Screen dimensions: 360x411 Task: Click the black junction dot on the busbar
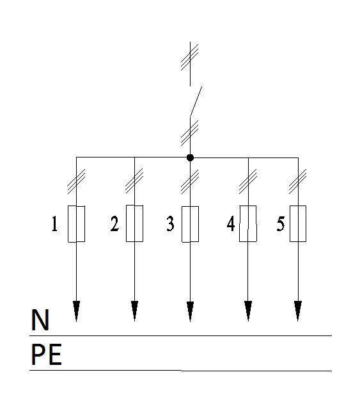tap(190, 157)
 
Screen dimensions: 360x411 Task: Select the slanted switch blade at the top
tap(196, 101)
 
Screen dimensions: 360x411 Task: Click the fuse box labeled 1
tap(77, 224)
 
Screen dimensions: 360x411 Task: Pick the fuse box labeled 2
tap(134, 223)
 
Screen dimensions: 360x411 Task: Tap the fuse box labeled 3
tap(191, 224)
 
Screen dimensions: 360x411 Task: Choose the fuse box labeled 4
tap(248, 223)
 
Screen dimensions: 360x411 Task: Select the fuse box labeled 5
tap(298, 223)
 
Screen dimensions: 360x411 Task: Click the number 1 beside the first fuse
tap(54, 223)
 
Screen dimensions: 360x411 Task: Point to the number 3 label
tap(171, 223)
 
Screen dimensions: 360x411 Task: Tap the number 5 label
tap(281, 223)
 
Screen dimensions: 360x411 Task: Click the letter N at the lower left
tap(40, 319)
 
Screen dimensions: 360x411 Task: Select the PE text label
tap(47, 355)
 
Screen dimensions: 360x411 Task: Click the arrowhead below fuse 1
tap(77, 311)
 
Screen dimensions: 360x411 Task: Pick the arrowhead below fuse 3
tap(191, 311)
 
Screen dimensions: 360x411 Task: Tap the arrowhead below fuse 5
tap(298, 311)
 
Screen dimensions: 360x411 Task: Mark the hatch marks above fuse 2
tap(134, 181)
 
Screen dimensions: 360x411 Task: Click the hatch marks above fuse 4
tap(248, 181)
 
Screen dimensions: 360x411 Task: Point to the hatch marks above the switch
tap(190, 57)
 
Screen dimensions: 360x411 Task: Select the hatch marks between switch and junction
tap(190, 133)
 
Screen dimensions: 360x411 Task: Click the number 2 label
tap(114, 223)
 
